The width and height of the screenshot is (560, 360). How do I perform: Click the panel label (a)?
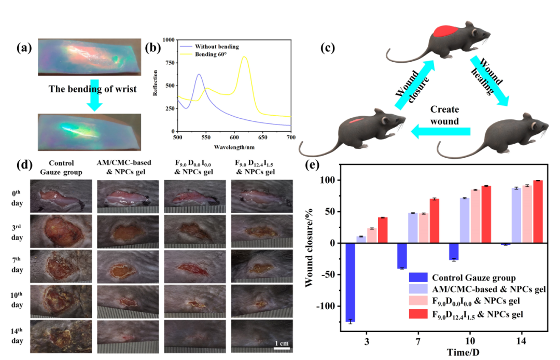(x=24, y=48)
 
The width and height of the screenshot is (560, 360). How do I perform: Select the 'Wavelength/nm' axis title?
(x=233, y=146)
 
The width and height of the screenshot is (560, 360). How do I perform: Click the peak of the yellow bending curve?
(x=244, y=58)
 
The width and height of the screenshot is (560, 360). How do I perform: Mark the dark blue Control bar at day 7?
(x=400, y=256)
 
